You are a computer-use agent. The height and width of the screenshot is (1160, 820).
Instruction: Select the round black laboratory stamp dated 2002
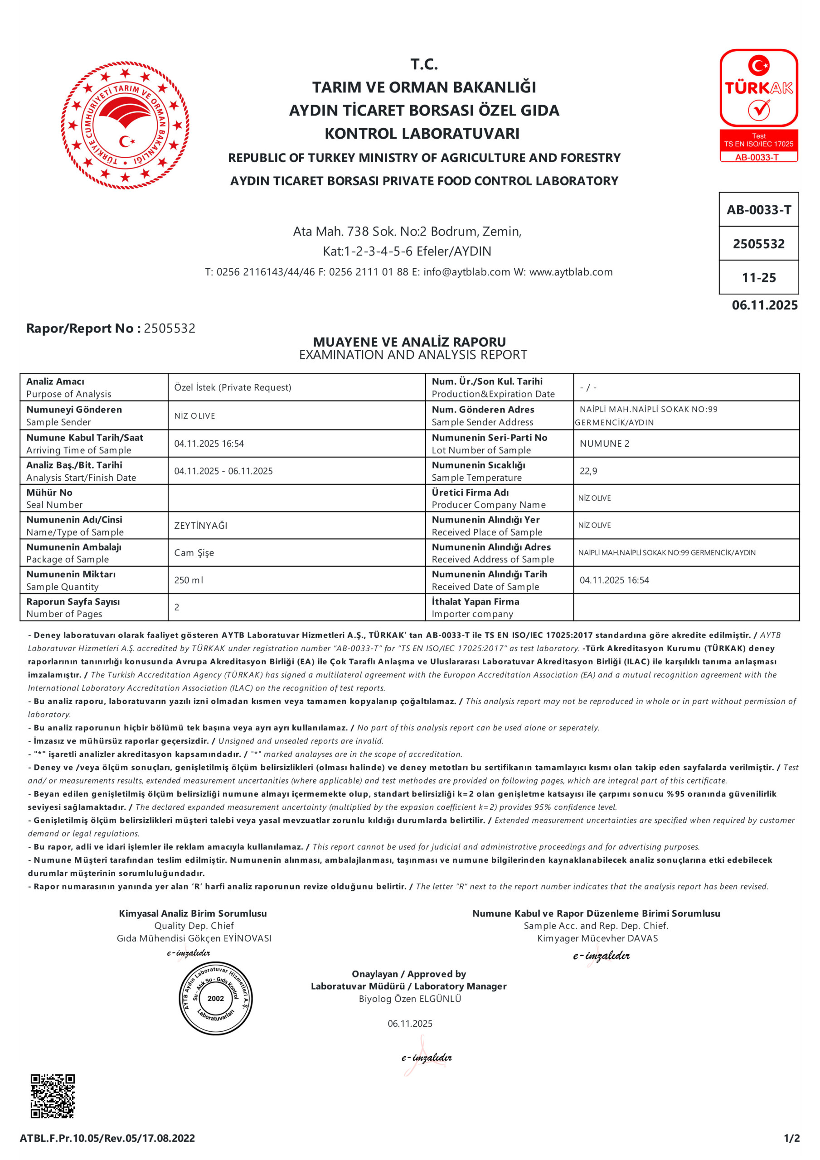point(215,998)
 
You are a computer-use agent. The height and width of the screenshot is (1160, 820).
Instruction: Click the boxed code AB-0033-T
point(758,210)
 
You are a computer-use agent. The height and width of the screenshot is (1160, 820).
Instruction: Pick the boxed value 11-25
point(758,277)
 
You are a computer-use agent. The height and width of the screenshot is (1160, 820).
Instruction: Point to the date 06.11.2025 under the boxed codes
point(764,305)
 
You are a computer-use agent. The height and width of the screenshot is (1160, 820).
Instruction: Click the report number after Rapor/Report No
point(170,329)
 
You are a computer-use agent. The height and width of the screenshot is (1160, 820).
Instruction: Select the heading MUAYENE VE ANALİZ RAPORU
point(409,342)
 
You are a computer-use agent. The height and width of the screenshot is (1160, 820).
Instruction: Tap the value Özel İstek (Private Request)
point(233,387)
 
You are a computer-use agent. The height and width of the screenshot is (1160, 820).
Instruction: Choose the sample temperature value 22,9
point(588,471)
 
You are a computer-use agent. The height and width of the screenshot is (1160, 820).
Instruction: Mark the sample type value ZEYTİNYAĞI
point(201,526)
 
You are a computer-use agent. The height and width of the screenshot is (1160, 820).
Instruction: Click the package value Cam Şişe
point(194,553)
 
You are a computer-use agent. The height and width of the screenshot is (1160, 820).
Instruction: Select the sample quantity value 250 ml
point(189,580)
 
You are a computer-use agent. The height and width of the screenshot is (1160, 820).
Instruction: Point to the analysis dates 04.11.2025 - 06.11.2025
point(223,471)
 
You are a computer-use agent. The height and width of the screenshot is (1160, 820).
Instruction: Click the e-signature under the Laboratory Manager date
point(426,1058)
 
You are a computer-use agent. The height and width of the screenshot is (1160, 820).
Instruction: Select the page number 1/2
point(792,1138)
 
